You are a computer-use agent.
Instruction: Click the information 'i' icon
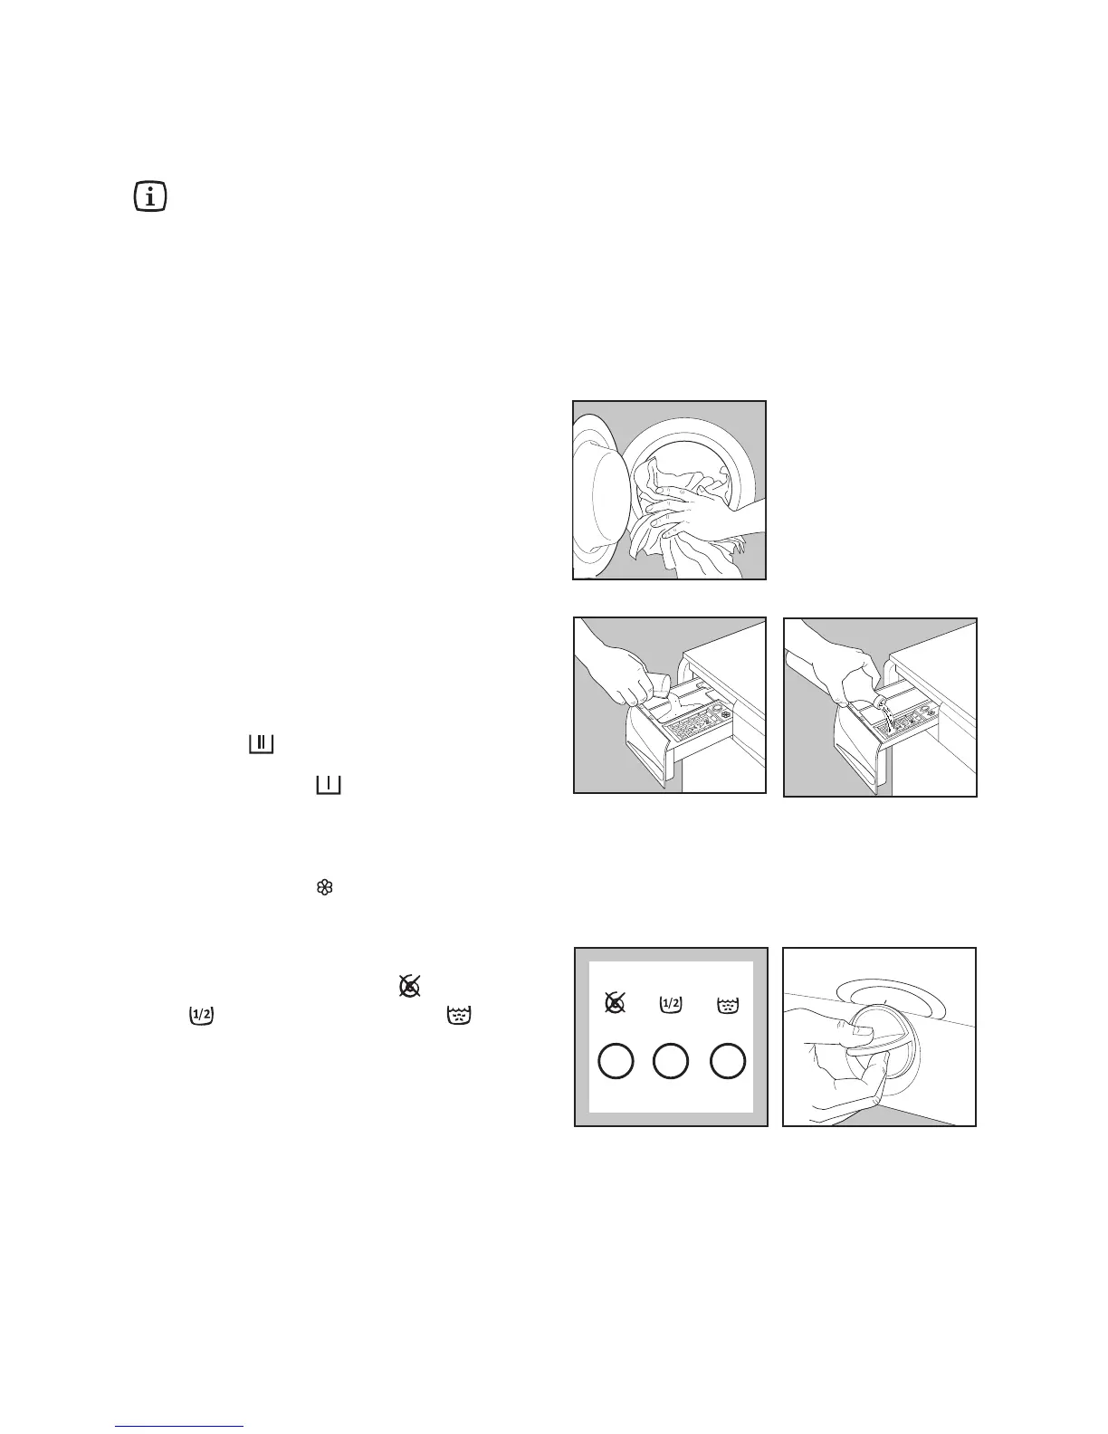click(x=149, y=196)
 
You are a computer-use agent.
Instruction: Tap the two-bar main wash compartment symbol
click(x=260, y=744)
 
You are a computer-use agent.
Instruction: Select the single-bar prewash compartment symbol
click(x=329, y=785)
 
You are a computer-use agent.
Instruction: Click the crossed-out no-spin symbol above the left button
click(x=613, y=1002)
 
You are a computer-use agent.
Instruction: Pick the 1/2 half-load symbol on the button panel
click(x=671, y=1002)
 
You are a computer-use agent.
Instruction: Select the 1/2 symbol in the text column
click(x=200, y=1016)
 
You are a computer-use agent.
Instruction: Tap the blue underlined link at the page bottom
click(x=180, y=1427)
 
